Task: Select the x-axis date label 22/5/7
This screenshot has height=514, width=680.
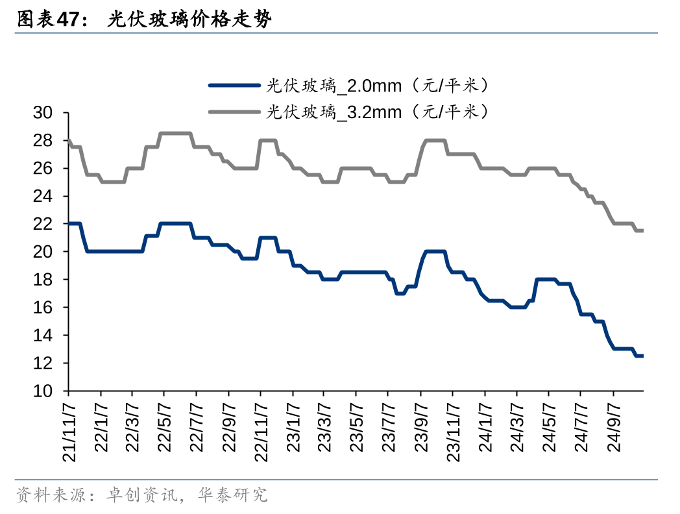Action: (164, 426)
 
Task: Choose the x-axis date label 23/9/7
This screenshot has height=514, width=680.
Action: (420, 426)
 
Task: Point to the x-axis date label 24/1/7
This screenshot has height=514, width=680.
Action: (485, 426)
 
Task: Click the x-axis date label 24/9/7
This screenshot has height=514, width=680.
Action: (613, 426)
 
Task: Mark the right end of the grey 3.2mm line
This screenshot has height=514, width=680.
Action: (642, 230)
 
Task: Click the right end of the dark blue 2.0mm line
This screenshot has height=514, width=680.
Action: (642, 356)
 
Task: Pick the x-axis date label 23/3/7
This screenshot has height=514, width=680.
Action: (324, 426)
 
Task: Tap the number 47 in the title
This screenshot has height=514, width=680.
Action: (67, 20)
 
